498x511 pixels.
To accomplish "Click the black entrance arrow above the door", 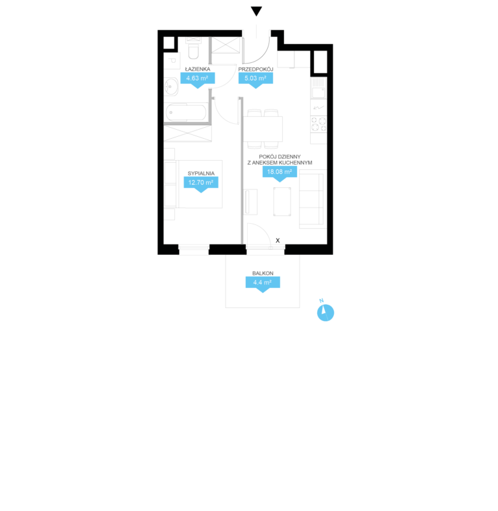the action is (x=257, y=11).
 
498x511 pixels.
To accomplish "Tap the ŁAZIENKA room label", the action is (x=198, y=69).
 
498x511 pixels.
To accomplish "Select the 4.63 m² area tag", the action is (x=198, y=80).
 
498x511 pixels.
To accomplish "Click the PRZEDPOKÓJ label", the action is (x=255, y=69).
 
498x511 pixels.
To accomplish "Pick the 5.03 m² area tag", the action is (x=255, y=80).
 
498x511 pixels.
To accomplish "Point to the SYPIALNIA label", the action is (x=201, y=173).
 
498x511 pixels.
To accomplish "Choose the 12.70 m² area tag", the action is (x=201, y=184).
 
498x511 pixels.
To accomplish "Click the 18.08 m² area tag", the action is (x=279, y=173).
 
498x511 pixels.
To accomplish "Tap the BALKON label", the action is (x=263, y=273).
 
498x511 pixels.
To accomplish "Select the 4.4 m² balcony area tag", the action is (x=263, y=284).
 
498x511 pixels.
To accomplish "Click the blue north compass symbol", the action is (x=326, y=312).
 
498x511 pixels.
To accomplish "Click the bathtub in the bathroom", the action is (x=185, y=112).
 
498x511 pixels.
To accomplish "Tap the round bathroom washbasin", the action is (x=171, y=87).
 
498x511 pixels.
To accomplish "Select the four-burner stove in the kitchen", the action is (x=318, y=124).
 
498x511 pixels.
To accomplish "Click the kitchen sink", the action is (x=318, y=88).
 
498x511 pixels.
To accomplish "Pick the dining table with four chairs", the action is (x=263, y=129).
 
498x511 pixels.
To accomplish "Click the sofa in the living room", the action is (x=313, y=199).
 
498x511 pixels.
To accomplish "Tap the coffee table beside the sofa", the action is (x=282, y=202).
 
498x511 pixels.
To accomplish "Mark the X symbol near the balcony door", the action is (x=278, y=241).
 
